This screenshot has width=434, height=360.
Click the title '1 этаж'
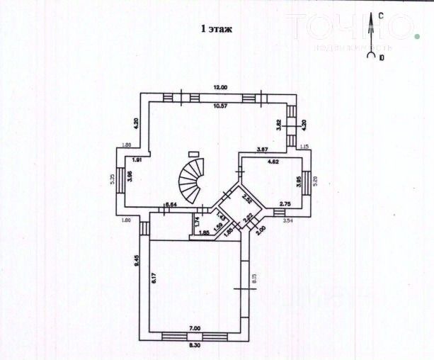coord(217,29)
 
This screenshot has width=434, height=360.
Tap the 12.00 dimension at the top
coord(221,87)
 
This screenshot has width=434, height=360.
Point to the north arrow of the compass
coord(371,28)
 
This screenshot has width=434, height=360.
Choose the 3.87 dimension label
coord(262,149)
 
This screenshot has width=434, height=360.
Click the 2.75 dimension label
coord(285,204)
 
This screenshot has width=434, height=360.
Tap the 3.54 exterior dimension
coord(288,221)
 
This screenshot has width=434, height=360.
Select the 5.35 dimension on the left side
coord(112,180)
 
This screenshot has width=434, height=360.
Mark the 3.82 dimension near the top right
coord(278,123)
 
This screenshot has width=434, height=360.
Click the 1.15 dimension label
coord(305,147)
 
